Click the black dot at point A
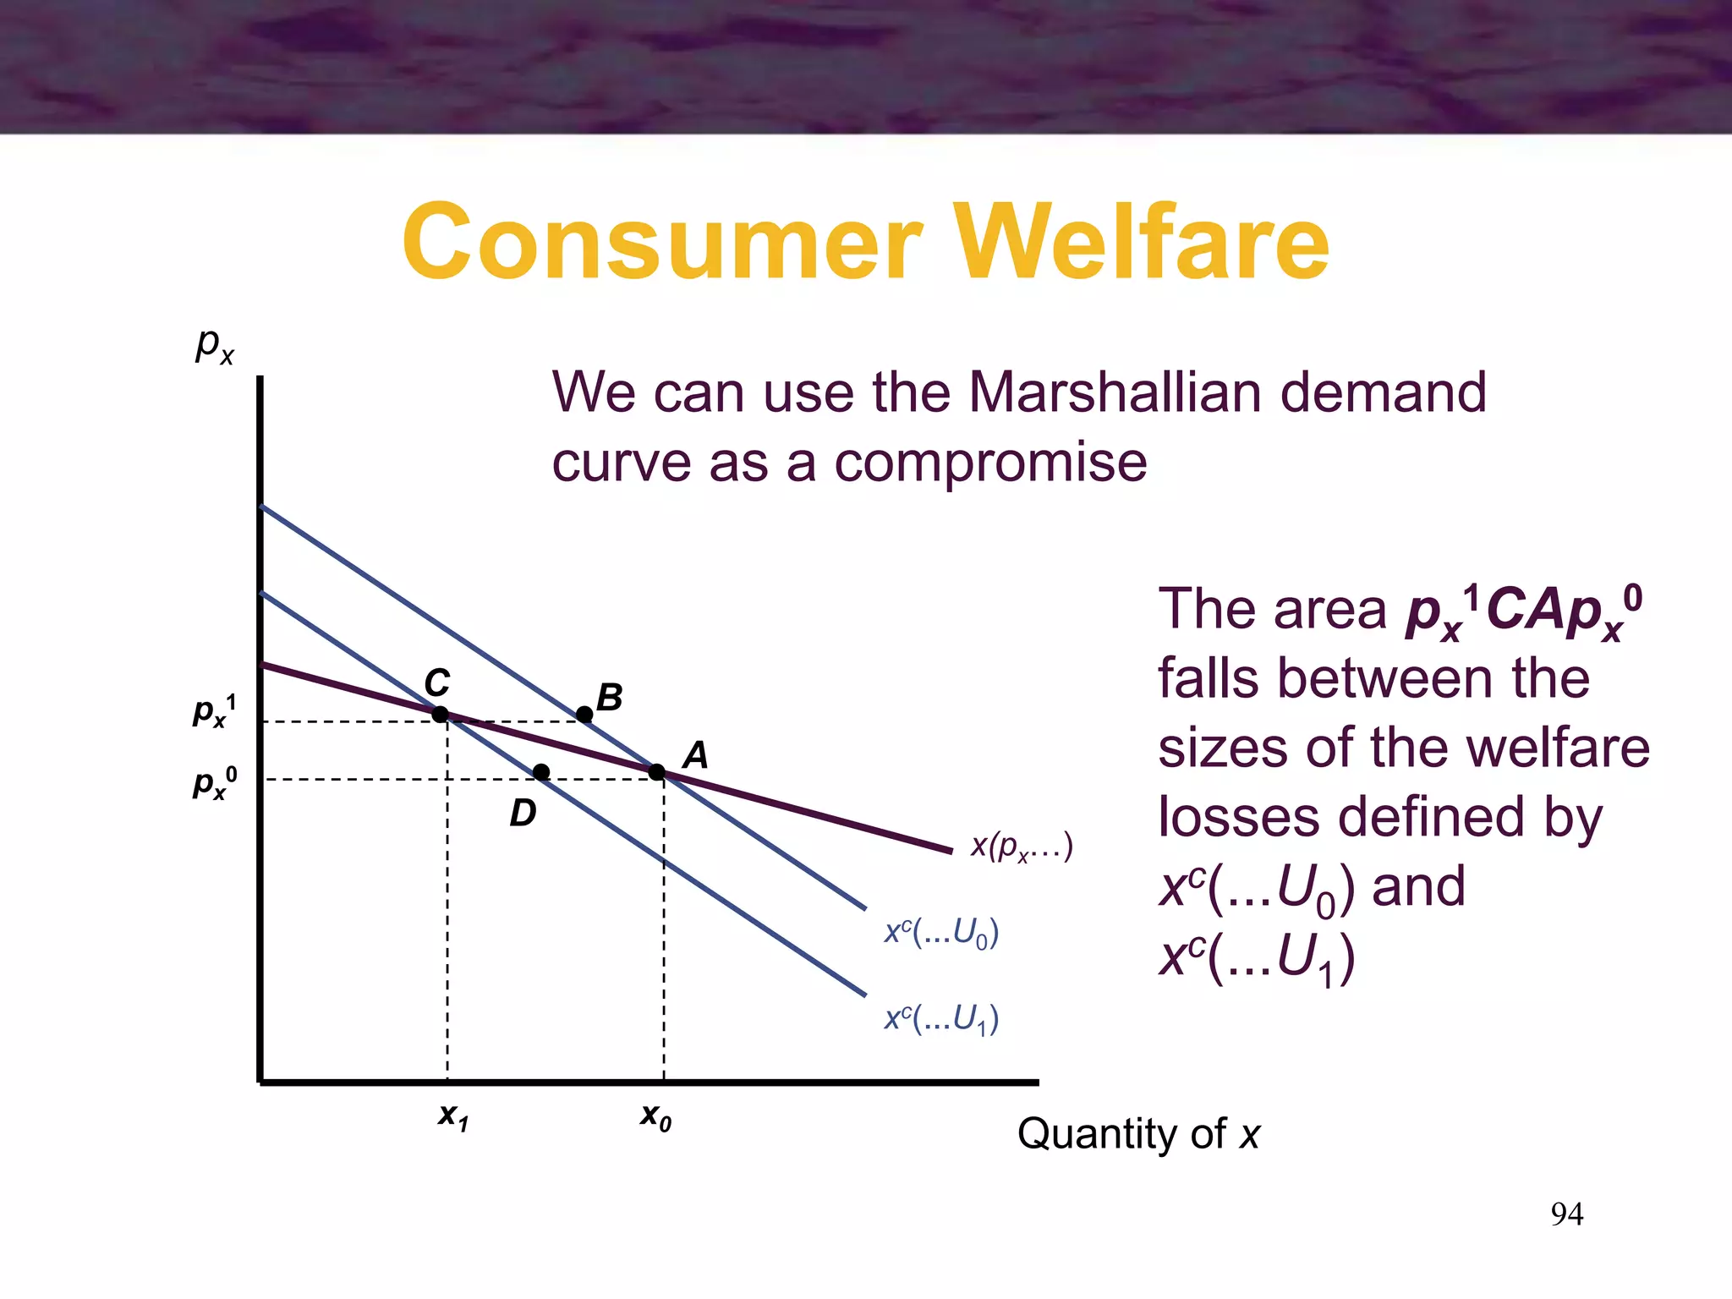[x=657, y=771]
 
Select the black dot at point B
[x=584, y=715]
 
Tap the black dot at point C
[x=440, y=715]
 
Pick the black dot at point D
[x=541, y=771]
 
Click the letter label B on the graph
[x=609, y=698]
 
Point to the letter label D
[x=523, y=813]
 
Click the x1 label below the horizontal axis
[x=453, y=1116]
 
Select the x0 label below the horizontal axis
[x=655, y=1116]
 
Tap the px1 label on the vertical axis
[x=215, y=710]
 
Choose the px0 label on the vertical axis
[x=215, y=783]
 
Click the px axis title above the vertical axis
[x=215, y=345]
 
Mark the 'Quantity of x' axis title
[x=1138, y=1133]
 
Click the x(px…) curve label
[x=1022, y=845]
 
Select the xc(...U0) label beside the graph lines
[x=941, y=932]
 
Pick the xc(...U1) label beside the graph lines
[x=941, y=1018]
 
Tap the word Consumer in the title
[x=662, y=242]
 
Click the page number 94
[x=1566, y=1214]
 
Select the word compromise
[x=990, y=463]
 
